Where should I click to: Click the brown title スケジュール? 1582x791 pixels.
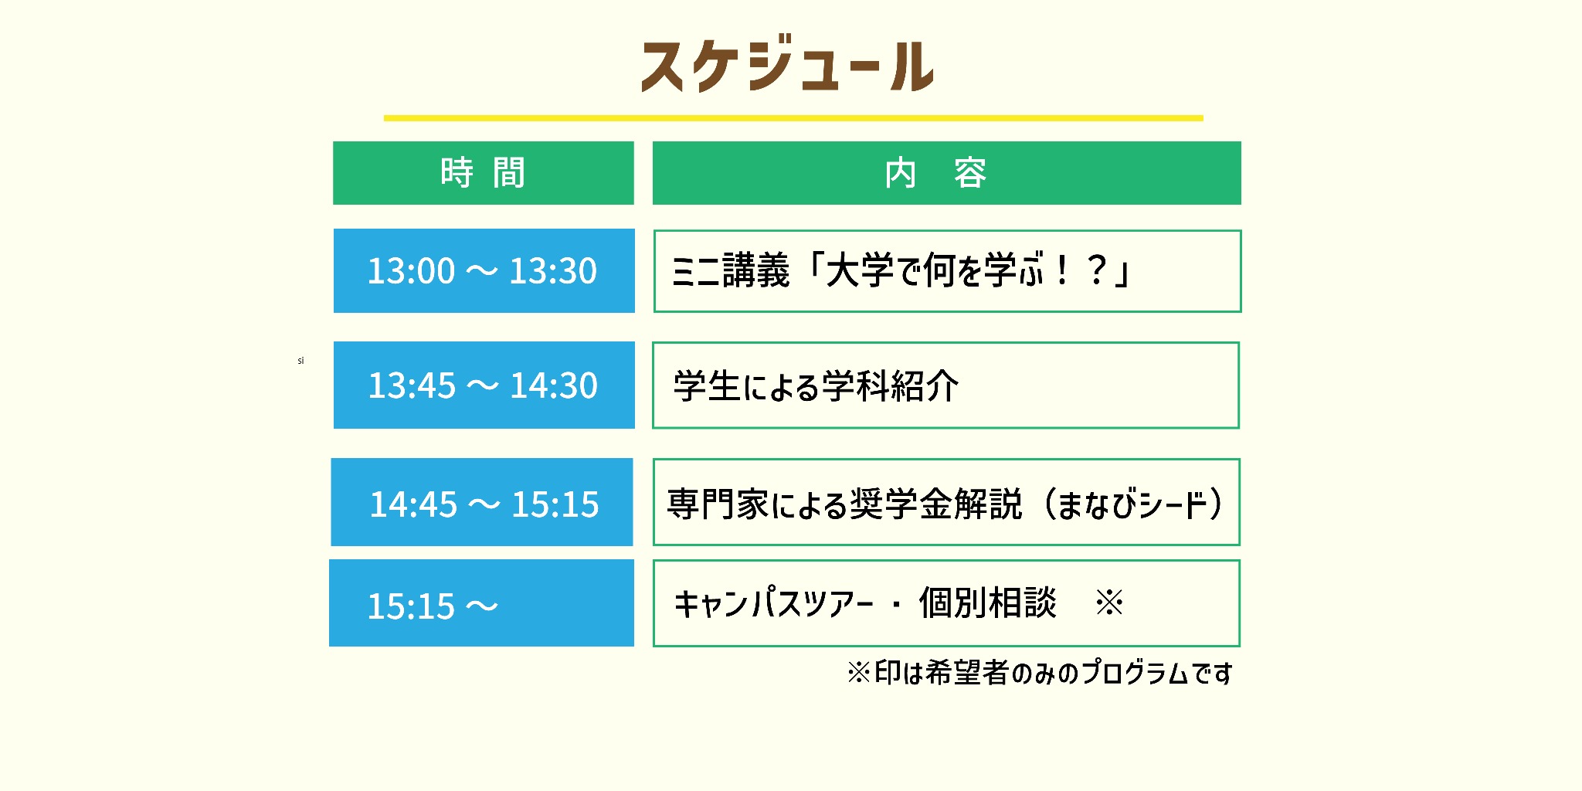[788, 66]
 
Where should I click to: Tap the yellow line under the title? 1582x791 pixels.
[793, 118]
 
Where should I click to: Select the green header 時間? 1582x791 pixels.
[484, 173]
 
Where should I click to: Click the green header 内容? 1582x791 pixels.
[946, 173]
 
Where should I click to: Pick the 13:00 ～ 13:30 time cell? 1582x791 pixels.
[484, 271]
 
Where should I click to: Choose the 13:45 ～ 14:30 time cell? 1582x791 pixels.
[484, 385]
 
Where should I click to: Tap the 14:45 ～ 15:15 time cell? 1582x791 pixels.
[482, 503]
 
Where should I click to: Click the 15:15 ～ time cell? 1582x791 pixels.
[481, 604]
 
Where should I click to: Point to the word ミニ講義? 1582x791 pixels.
[731, 271]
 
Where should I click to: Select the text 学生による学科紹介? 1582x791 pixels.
[816, 386]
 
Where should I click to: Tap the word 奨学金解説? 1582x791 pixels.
[935, 504]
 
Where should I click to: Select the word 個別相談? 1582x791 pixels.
[987, 603]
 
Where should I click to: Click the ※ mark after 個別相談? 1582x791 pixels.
[1109, 603]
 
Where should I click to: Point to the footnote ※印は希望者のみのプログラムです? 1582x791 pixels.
[1040, 673]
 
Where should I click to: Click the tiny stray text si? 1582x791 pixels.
[300, 361]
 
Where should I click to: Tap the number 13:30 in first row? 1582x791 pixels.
[553, 271]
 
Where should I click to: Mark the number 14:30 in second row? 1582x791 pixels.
[554, 385]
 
